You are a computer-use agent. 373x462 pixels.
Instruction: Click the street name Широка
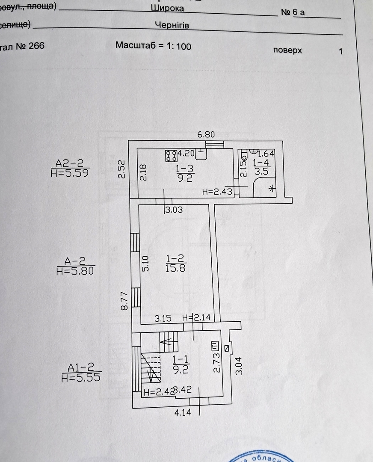click(168, 8)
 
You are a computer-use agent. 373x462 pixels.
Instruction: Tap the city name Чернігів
click(172, 25)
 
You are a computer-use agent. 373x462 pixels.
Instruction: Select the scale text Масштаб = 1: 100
click(153, 46)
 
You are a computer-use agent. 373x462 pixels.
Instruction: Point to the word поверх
click(287, 50)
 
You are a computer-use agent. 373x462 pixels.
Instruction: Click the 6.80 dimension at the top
click(206, 134)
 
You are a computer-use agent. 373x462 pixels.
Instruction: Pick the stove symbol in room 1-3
click(171, 155)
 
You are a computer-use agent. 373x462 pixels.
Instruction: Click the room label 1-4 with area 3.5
click(261, 166)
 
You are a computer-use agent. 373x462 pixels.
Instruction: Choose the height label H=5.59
click(70, 172)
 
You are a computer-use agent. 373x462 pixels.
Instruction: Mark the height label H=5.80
click(75, 270)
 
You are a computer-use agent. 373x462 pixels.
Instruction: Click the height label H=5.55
click(81, 378)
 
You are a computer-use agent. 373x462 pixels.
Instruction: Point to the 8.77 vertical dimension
click(124, 301)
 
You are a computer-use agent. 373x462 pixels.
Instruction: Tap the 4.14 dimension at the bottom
click(182, 413)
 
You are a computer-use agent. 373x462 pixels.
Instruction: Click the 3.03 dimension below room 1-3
click(174, 210)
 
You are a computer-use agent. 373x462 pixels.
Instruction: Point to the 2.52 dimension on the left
click(121, 169)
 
